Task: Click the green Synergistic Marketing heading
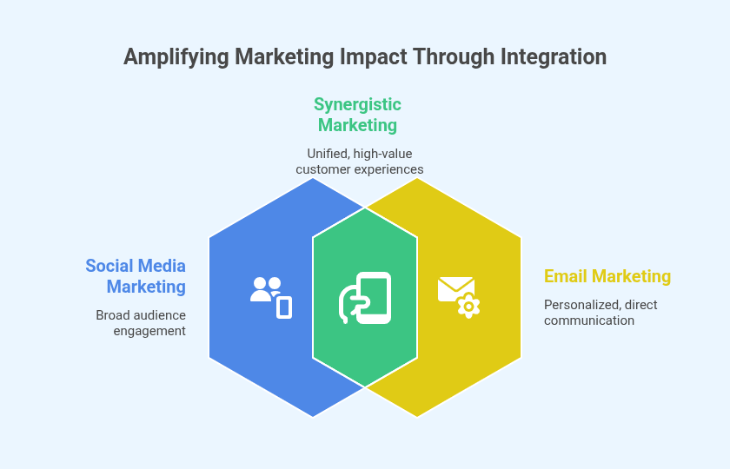(357, 115)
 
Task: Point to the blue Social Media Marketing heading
(136, 275)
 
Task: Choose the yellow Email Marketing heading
(607, 276)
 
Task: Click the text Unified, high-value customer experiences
(359, 162)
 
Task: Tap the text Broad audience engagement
(141, 322)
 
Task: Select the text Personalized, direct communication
(601, 313)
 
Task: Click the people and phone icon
(270, 296)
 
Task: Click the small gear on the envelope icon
(468, 306)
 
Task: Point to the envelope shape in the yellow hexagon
(454, 288)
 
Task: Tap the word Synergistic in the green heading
(357, 104)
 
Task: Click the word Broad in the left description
(112, 314)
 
